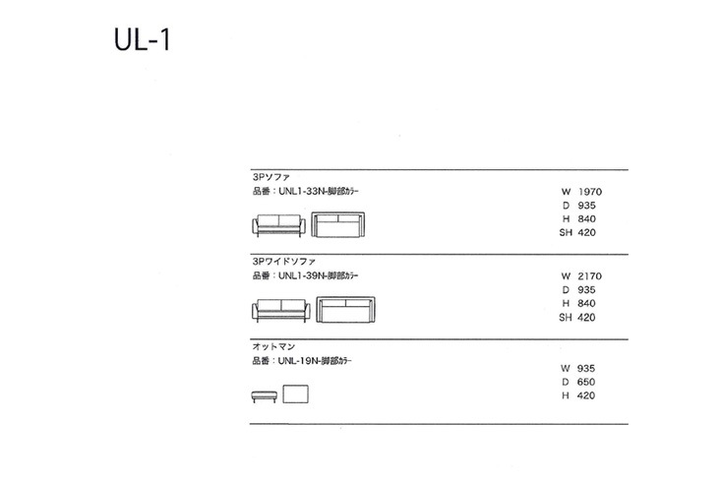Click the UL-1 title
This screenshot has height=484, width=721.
click(x=142, y=39)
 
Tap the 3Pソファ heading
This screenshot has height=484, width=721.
click(x=271, y=177)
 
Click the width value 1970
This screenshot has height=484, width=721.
click(x=590, y=192)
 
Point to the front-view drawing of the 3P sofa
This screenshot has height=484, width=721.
click(x=278, y=225)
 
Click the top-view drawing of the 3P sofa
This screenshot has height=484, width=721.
click(x=338, y=224)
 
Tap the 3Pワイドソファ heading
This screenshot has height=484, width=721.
click(x=283, y=262)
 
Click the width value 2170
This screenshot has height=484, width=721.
click(x=590, y=276)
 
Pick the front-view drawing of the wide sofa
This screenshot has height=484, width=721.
click(x=281, y=311)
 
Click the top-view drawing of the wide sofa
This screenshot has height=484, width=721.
click(x=346, y=310)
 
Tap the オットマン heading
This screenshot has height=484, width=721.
click(x=273, y=346)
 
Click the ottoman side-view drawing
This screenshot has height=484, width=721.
click(x=265, y=396)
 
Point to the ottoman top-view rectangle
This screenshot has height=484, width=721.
click(x=296, y=394)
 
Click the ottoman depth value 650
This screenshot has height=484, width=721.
click(x=586, y=383)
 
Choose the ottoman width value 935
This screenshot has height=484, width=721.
click(x=586, y=369)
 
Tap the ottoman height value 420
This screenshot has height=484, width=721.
click(x=586, y=395)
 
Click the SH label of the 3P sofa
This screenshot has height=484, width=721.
click(x=566, y=233)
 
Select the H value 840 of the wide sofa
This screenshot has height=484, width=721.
click(x=586, y=304)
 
